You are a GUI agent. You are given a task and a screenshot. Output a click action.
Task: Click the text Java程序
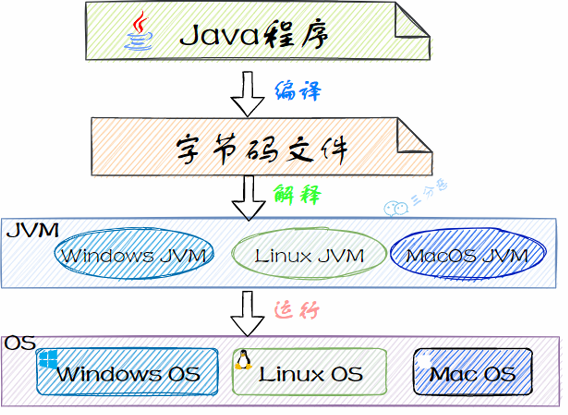[x=253, y=35]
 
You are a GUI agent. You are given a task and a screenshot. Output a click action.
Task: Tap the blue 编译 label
[x=297, y=91]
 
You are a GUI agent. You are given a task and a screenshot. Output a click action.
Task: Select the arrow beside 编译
[x=247, y=94]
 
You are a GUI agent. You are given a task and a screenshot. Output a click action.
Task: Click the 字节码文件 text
[x=261, y=149]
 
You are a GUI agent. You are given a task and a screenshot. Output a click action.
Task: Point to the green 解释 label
[x=297, y=195]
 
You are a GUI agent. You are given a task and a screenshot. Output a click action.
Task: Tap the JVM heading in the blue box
[x=33, y=231]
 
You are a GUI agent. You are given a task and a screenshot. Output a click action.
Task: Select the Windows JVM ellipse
[x=134, y=255]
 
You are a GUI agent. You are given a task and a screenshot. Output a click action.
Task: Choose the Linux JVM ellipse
[x=309, y=255]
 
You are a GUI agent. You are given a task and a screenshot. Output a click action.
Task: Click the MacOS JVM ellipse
[x=467, y=255]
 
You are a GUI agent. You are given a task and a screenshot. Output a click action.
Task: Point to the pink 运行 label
[x=297, y=310]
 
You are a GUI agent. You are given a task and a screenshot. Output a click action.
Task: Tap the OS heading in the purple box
[x=20, y=343]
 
